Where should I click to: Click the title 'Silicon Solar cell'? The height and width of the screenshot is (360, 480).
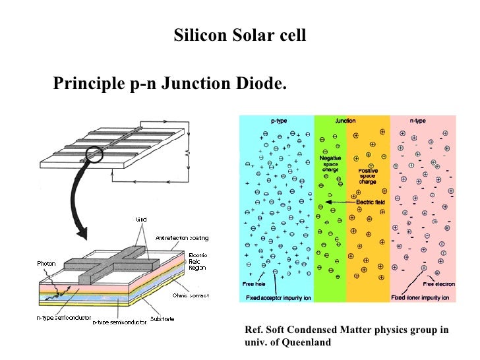pos(240,35)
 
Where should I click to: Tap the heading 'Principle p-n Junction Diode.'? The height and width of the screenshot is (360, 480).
pos(170,84)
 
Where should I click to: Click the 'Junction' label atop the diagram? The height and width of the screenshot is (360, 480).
pos(345,121)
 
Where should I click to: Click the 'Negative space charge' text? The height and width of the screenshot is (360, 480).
pos(330,164)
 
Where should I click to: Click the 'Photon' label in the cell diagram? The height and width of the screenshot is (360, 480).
pos(47,263)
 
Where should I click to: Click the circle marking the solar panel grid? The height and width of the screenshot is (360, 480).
pos(94,154)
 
